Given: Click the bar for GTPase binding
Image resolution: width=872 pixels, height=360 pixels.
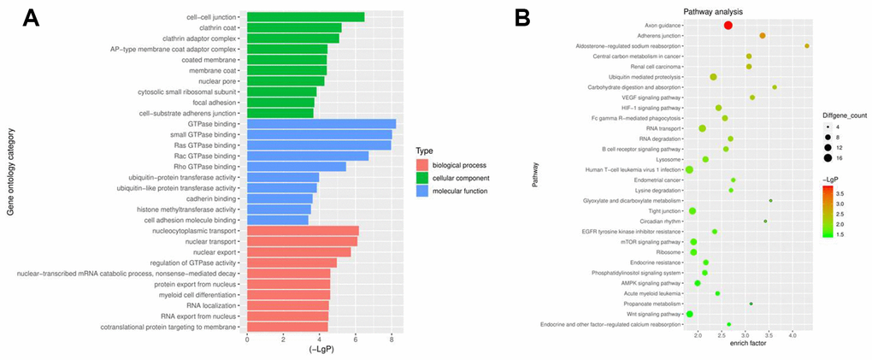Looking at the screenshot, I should click(x=321, y=124).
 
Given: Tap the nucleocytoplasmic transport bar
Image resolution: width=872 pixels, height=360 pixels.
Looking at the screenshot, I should click(x=303, y=231).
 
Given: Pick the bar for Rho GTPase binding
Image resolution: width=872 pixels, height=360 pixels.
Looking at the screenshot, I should click(x=296, y=167).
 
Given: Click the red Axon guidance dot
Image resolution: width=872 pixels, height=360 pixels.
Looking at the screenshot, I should click(x=728, y=26).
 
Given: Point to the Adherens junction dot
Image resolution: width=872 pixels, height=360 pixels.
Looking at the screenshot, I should click(x=762, y=36).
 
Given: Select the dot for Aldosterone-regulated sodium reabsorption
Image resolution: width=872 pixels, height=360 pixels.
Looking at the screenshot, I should click(x=807, y=46).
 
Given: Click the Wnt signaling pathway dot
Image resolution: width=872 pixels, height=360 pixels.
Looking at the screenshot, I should click(x=689, y=314).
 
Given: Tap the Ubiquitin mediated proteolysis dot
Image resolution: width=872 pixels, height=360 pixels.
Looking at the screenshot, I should click(x=713, y=77).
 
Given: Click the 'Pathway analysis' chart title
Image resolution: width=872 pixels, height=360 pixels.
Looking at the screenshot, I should click(x=712, y=11).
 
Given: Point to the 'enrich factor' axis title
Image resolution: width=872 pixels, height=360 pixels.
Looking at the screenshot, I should click(x=747, y=344).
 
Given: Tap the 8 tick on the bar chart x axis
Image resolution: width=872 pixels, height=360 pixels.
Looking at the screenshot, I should click(x=392, y=340).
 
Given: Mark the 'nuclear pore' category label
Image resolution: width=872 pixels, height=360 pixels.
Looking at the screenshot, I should click(x=216, y=81).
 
